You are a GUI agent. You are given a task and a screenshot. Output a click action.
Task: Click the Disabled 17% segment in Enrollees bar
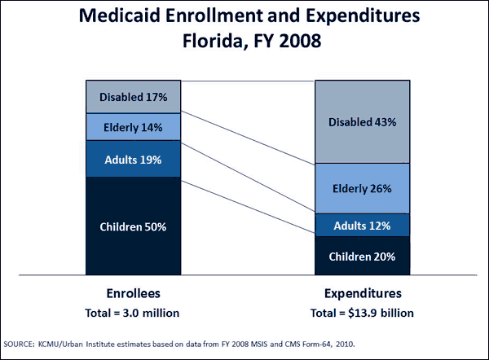tap(134, 98)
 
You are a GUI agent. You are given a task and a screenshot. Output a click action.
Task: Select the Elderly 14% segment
tap(134, 127)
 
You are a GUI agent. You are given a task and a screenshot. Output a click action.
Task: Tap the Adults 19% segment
tap(134, 160)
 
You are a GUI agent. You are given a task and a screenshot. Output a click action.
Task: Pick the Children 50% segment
tap(134, 227)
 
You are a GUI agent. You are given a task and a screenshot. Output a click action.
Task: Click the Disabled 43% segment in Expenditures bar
tap(362, 122)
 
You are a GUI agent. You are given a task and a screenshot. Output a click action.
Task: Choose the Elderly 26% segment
tap(362, 188)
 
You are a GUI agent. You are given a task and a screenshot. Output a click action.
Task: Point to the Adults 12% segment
tap(362, 225)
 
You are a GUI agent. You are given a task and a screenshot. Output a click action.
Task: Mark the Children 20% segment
tap(362, 256)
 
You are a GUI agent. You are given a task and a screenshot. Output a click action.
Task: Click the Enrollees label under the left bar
tap(133, 295)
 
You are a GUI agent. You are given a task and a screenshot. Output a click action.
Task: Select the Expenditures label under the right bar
tap(362, 295)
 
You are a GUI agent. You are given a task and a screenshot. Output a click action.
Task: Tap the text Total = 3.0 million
tap(133, 313)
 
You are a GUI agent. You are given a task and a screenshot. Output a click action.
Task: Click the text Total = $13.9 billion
tap(362, 313)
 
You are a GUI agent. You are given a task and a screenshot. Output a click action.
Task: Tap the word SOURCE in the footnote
tap(23, 343)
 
